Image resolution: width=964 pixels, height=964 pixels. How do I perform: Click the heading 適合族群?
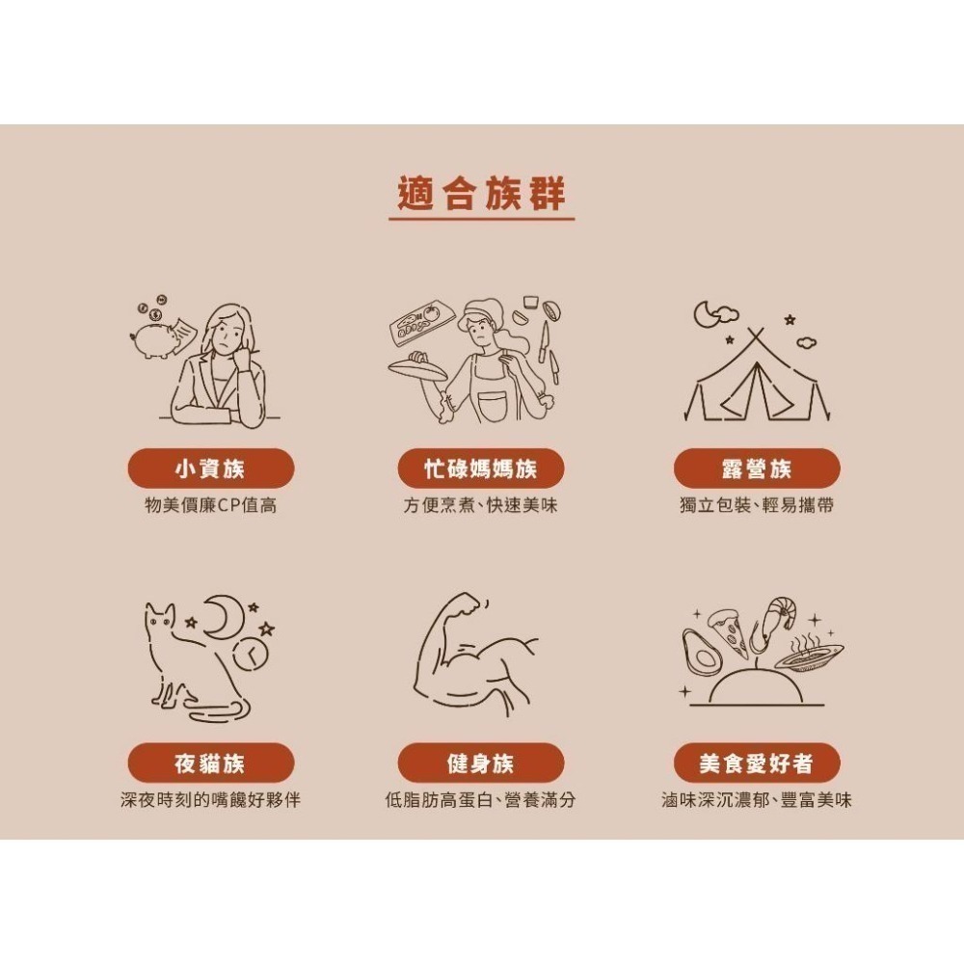point(481,195)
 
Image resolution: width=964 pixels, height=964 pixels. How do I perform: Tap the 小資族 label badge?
point(210,469)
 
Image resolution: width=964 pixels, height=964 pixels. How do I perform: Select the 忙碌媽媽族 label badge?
point(481,469)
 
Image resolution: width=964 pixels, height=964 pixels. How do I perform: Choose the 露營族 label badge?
point(756,469)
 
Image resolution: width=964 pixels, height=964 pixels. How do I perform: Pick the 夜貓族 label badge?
point(210,763)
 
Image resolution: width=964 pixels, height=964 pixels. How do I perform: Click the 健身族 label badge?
point(481,763)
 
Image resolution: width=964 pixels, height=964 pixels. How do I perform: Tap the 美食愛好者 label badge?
point(756,763)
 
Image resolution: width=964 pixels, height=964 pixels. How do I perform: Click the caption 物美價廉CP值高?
point(210,505)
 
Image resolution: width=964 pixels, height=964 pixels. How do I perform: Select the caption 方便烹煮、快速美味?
point(481,505)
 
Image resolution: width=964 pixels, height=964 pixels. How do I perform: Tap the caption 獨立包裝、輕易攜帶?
point(756,505)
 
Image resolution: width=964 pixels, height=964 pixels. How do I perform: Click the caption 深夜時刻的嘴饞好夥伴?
point(210,800)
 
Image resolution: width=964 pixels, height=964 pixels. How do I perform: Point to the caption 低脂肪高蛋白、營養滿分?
point(481,800)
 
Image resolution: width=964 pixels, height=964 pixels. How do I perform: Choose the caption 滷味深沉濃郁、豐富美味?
point(756,800)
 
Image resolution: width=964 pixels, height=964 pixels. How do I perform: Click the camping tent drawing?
point(756,381)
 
